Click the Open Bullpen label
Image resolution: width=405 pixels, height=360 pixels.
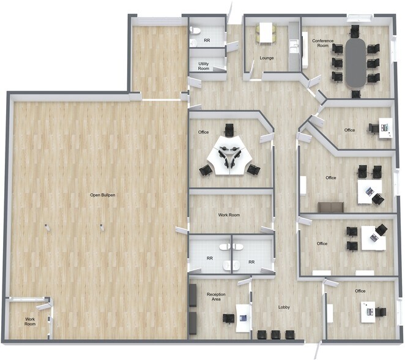(103, 195)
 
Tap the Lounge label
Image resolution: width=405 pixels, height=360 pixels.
(267, 58)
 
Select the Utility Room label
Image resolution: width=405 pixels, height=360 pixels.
(204, 66)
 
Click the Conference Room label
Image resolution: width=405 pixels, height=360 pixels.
(323, 43)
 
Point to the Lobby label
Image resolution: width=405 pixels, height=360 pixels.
(284, 307)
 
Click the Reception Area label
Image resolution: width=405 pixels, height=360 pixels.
(216, 297)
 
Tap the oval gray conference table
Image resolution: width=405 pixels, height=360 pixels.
(355, 63)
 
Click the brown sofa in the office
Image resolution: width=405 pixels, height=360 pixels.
(330, 208)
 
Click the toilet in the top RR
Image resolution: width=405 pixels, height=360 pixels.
(195, 31)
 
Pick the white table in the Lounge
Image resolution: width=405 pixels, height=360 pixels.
(266, 32)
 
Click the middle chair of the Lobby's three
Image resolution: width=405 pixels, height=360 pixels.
(275, 334)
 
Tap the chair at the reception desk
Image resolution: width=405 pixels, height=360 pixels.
(228, 318)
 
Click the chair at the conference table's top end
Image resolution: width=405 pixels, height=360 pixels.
(355, 30)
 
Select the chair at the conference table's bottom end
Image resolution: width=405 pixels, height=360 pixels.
(356, 94)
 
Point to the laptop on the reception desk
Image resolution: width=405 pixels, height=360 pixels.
(243, 318)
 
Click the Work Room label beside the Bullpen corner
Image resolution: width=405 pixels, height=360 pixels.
(30, 321)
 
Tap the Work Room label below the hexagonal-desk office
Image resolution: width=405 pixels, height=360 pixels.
(229, 215)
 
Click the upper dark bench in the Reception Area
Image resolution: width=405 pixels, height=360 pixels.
(193, 295)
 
